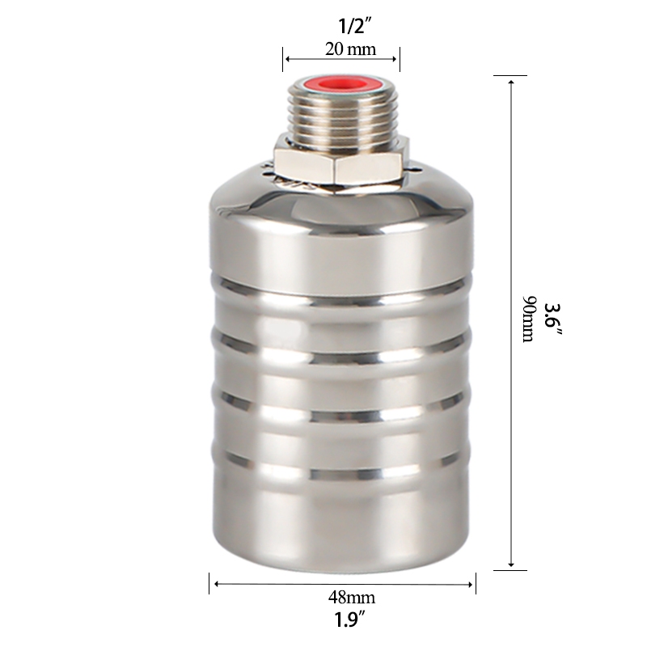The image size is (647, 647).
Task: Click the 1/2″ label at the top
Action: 352,27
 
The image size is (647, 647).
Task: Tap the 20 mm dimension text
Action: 350,49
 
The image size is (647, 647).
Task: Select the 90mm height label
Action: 529,319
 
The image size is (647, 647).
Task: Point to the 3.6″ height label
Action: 552,319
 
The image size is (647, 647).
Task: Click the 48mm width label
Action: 352,597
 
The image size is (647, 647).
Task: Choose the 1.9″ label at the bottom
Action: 350,620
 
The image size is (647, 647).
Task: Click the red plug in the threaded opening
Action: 342,86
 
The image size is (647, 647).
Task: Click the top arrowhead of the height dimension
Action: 511,83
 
